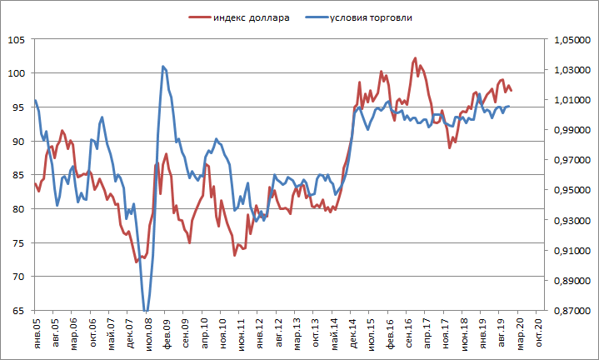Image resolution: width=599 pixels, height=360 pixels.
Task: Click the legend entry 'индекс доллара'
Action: click(251, 17)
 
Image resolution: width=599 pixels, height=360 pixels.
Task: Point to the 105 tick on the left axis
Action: click(16, 40)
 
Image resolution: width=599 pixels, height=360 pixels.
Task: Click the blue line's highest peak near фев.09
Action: click(162, 66)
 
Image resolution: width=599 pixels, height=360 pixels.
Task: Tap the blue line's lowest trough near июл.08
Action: click(147, 311)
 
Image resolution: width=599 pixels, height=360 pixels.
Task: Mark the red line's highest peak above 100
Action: click(415, 58)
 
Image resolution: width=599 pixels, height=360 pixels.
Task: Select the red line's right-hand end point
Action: click(511, 90)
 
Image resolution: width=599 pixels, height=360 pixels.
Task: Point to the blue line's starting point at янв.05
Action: click(35, 100)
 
